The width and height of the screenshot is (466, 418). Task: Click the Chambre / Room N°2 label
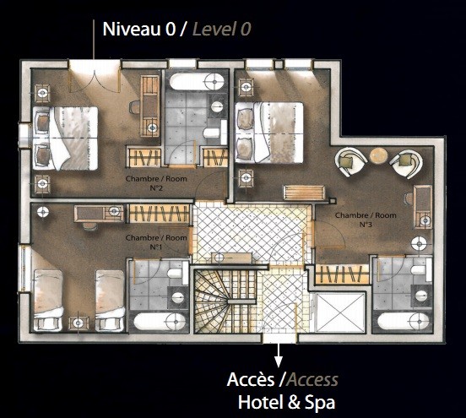tap(156, 183)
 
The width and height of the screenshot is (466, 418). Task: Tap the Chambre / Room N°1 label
tap(156, 242)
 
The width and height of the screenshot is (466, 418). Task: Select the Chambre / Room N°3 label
tap(366, 220)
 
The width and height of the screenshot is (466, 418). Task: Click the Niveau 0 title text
tap(139, 29)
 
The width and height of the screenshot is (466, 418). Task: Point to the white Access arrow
tap(279, 355)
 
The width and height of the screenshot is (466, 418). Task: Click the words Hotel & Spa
tap(286, 403)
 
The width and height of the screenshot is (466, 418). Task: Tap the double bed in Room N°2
tap(65, 138)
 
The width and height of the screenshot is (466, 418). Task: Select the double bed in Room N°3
tap(269, 133)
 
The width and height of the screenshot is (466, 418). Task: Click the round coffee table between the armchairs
tap(378, 155)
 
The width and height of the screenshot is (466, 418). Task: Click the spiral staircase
tap(225, 301)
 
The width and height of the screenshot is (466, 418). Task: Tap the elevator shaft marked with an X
tap(339, 312)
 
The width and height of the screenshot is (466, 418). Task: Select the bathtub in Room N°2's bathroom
tap(197, 81)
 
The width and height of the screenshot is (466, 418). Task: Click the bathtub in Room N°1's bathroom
tap(160, 322)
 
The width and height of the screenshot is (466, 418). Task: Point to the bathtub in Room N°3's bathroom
tap(404, 321)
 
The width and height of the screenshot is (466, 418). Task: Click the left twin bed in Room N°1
tap(48, 301)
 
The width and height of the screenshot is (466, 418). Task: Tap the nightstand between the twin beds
tap(79, 323)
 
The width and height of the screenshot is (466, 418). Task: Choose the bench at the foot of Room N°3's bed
tap(304, 193)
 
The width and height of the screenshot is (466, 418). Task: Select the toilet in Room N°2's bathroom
tap(213, 133)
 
